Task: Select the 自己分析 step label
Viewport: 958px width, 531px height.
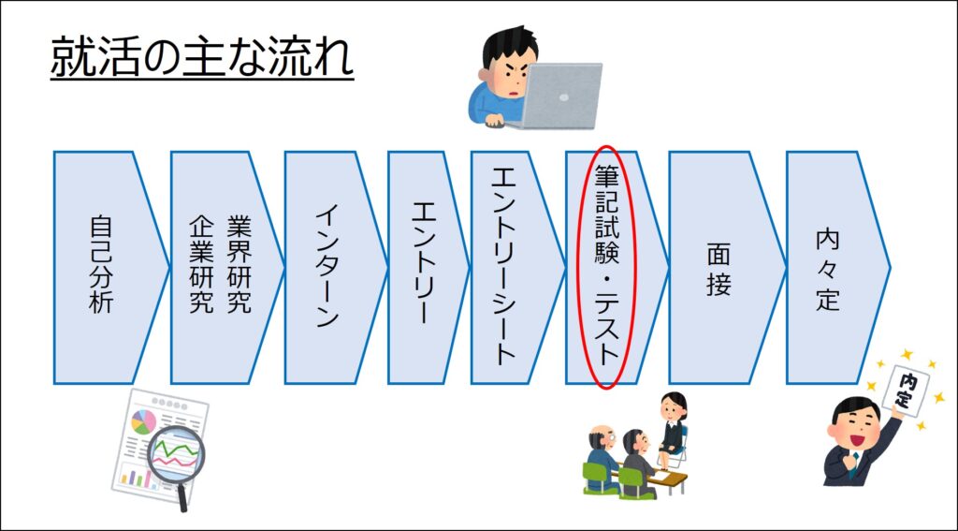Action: (x=101, y=264)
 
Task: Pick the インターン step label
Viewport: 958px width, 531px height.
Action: (x=327, y=267)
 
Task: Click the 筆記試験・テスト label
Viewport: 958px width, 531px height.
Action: (x=606, y=266)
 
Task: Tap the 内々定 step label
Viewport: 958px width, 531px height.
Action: (x=828, y=270)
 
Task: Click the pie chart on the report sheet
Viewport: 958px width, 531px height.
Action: (x=144, y=422)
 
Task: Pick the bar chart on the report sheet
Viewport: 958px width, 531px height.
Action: (x=137, y=476)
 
